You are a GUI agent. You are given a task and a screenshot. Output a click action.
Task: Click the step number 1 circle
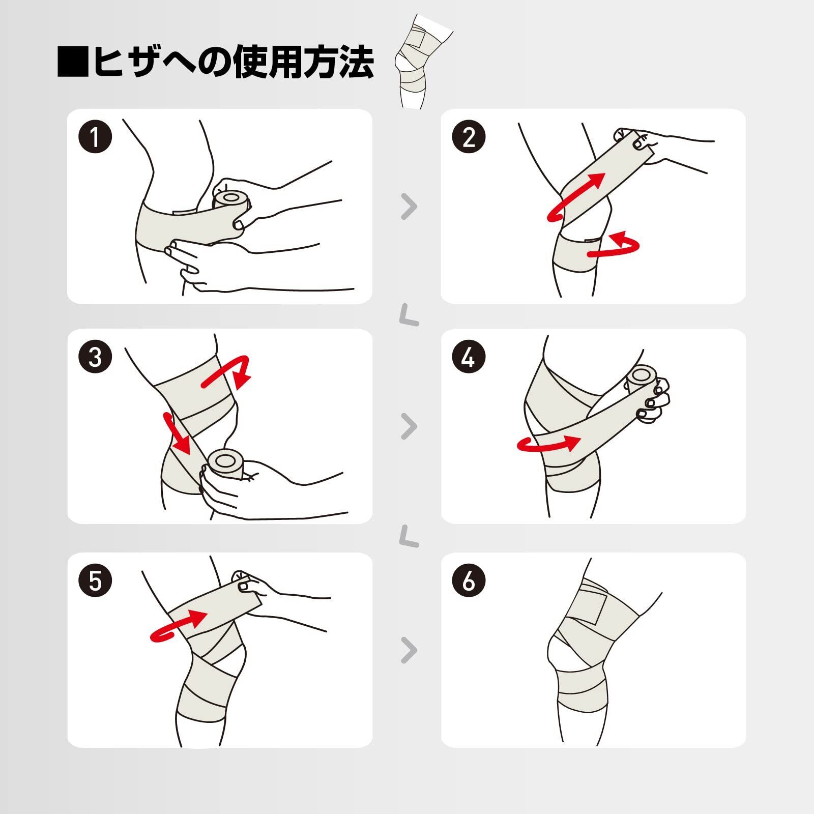95,136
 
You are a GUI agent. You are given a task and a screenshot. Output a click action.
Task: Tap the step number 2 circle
469,136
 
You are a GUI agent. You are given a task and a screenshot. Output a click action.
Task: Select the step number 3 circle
95,357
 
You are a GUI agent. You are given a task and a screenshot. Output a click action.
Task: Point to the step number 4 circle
469,357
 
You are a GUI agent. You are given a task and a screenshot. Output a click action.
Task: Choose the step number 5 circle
95,580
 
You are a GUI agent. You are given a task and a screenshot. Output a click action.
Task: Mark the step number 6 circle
469,580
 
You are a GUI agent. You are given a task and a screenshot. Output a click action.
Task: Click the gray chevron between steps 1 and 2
409,207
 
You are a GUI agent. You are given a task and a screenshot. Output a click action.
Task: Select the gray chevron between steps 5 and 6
409,650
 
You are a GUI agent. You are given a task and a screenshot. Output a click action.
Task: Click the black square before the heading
73,62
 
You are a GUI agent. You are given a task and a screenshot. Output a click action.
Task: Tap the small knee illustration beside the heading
422,61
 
